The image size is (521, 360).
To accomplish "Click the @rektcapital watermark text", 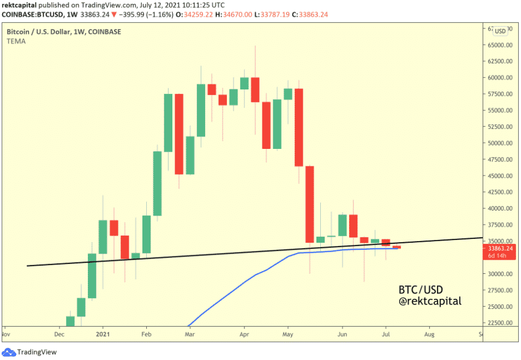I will click(430, 301).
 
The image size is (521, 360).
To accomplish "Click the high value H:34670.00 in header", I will click(256, 14).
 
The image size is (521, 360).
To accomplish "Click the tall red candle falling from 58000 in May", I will click(299, 127).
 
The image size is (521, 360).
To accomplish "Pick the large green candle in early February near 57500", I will click(168, 123).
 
